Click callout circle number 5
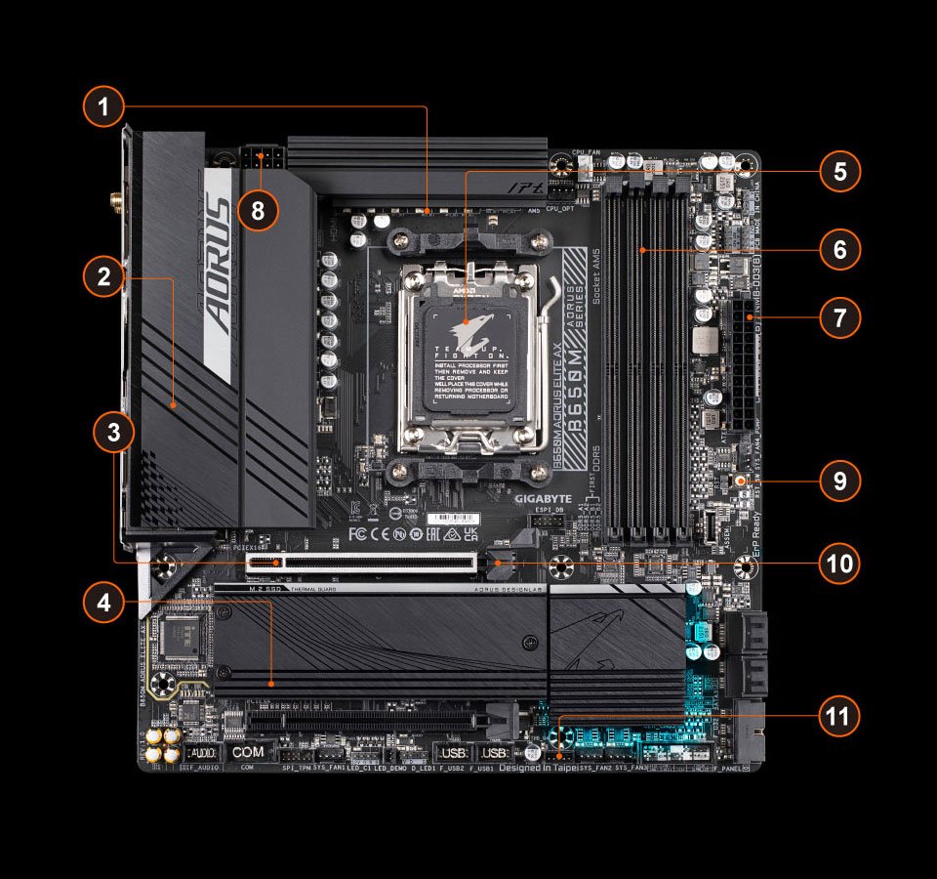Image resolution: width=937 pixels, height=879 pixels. [838, 172]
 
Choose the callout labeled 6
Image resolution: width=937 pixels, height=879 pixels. [838, 250]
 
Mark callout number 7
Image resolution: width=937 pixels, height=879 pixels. [838, 318]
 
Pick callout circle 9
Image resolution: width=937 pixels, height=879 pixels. [838, 481]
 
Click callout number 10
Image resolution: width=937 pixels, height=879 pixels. [838, 564]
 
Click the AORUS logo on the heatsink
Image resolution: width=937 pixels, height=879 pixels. [219, 273]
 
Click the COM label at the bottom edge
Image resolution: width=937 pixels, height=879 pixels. [249, 753]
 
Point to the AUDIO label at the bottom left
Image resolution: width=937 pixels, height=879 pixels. [201, 754]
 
